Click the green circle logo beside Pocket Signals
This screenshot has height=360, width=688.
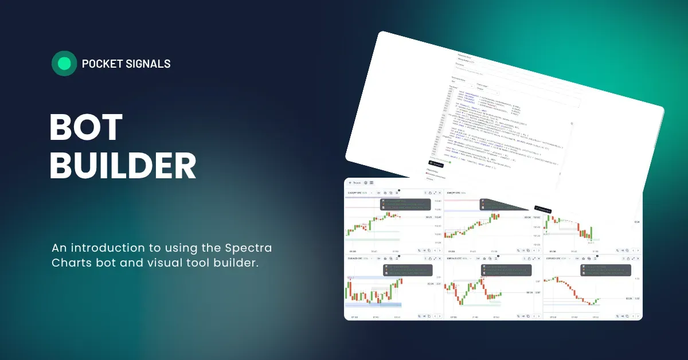click(x=64, y=64)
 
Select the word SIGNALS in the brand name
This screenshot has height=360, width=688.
click(x=148, y=64)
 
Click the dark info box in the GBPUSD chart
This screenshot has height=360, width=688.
click(x=605, y=270)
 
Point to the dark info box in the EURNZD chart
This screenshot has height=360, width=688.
click(x=406, y=270)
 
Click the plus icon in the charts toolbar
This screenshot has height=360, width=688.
click(x=350, y=183)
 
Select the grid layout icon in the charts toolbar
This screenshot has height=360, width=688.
click(x=372, y=183)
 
